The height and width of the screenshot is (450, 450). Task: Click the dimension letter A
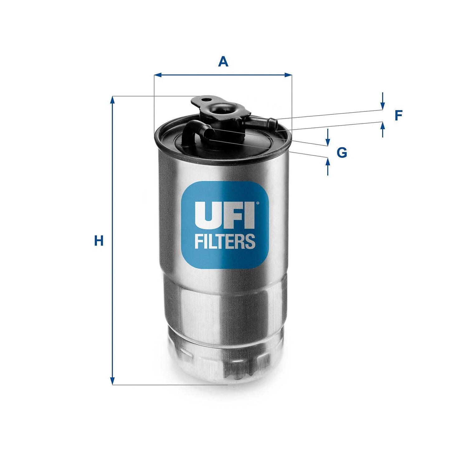click(223, 61)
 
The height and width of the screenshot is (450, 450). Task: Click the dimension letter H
click(99, 241)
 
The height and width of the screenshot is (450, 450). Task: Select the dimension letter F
click(398, 116)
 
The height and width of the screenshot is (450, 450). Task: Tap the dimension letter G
click(342, 153)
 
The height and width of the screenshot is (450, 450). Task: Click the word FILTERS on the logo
click(225, 241)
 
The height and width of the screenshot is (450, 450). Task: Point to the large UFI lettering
click(225, 215)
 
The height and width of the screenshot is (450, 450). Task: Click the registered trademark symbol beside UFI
click(257, 204)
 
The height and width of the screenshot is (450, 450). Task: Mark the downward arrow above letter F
click(382, 106)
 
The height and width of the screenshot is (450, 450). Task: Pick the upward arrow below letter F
click(382, 126)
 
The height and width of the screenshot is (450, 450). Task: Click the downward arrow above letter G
click(327, 142)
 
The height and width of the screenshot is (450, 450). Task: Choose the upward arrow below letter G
click(327, 162)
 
